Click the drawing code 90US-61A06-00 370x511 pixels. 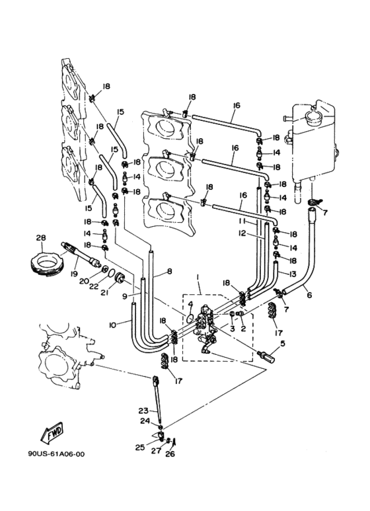pyautogui.click(x=56, y=454)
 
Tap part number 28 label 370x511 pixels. pyautogui.click(x=42, y=238)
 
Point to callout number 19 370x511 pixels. pyautogui.click(x=74, y=274)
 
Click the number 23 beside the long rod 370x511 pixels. pyautogui.click(x=143, y=411)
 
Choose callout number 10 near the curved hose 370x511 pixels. pyautogui.click(x=113, y=325)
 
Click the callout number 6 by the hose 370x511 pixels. pyautogui.click(x=309, y=295)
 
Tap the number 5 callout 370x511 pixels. pyautogui.click(x=282, y=343)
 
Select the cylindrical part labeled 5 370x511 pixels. pyautogui.click(x=266, y=356)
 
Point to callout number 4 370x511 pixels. pyautogui.click(x=191, y=304)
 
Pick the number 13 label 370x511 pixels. pyautogui.click(x=293, y=274)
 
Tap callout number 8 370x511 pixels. pyautogui.click(x=169, y=271)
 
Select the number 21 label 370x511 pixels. pyautogui.click(x=104, y=293)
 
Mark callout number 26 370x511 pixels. pyautogui.click(x=170, y=453)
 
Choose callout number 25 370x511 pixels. pyautogui.click(x=140, y=448)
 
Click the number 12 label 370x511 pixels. pyautogui.click(x=242, y=233)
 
